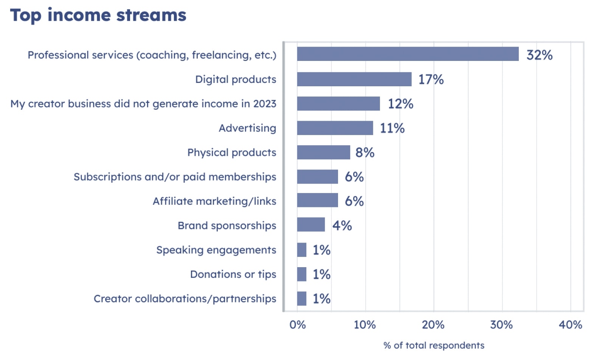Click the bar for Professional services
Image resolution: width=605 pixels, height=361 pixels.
408,54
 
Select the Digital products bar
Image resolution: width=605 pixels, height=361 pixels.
354,79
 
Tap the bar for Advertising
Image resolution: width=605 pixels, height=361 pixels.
335,128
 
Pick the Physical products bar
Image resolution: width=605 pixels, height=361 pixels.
323,152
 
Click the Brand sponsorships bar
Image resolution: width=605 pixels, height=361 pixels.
311,225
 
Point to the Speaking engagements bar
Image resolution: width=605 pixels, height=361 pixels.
302,250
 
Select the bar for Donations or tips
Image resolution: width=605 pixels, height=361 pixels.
302,274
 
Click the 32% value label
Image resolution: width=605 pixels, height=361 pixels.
539,55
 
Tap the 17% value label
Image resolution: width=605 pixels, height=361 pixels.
431,79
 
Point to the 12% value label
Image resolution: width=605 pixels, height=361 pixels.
400,104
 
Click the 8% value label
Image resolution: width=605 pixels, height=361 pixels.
365,152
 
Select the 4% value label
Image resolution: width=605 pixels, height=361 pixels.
342,226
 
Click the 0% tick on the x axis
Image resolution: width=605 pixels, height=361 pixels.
298,325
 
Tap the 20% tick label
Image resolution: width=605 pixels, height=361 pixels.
433,325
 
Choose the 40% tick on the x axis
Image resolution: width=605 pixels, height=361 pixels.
570,325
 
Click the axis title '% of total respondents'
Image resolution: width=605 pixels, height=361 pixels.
434,345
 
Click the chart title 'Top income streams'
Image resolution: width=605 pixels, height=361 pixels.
98,15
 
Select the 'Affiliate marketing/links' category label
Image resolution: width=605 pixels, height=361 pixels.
214,201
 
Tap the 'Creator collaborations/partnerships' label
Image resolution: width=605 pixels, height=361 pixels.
185,299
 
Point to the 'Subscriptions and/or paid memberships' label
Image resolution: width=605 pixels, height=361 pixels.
175,177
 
